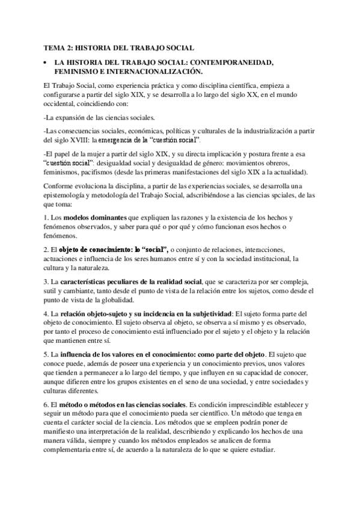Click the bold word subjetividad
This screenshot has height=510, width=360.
[x=210, y=313]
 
